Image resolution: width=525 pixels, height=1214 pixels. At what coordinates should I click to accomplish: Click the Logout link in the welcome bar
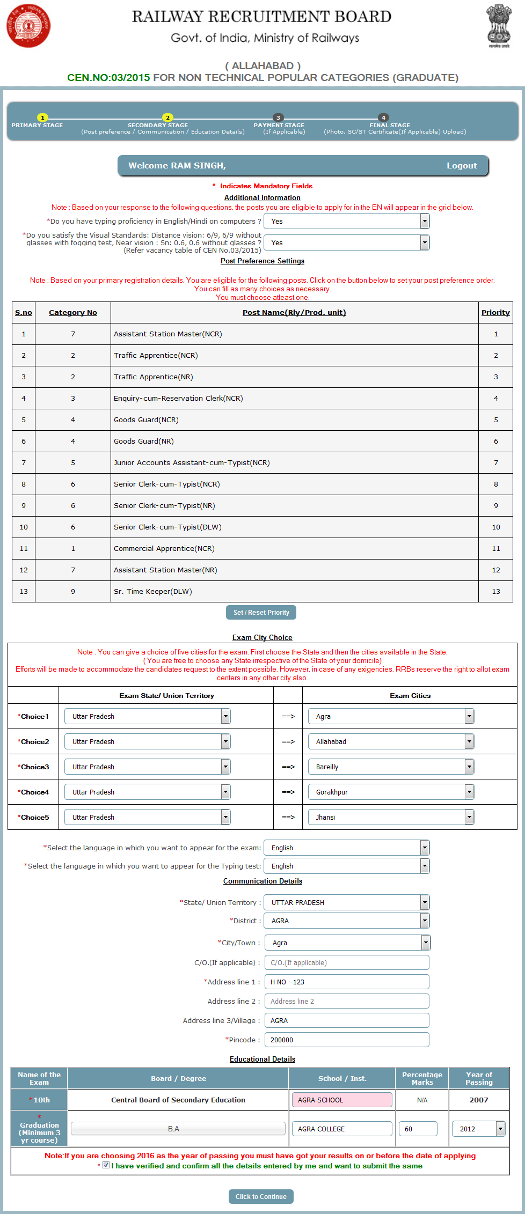(461, 166)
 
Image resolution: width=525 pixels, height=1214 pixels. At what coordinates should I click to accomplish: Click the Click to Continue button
(261, 1196)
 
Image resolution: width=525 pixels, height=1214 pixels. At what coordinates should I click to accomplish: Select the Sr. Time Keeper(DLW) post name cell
(153, 591)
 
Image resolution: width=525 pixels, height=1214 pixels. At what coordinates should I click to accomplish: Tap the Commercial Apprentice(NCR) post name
(164, 548)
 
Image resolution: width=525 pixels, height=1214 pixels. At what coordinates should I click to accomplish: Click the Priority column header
(495, 312)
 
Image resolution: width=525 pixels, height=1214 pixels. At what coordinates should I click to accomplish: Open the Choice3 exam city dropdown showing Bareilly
(391, 767)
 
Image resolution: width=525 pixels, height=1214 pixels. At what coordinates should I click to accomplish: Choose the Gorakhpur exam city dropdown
(391, 792)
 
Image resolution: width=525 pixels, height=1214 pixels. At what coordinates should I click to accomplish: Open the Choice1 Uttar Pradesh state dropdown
(147, 716)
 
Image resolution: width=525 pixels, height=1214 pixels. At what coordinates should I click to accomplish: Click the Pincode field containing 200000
(347, 1040)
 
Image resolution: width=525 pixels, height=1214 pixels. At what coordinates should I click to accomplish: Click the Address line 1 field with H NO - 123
(347, 982)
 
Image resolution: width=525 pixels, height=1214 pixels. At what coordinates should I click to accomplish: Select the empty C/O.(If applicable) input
(347, 962)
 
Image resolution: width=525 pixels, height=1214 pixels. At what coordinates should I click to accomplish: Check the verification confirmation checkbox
(106, 1165)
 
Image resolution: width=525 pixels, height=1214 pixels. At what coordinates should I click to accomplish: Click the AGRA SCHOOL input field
(341, 1100)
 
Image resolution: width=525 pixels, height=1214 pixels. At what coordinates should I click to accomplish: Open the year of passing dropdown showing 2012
(478, 1129)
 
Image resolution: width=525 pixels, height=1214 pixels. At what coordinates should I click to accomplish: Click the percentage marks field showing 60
(418, 1129)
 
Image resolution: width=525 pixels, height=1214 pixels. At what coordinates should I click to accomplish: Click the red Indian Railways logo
(28, 25)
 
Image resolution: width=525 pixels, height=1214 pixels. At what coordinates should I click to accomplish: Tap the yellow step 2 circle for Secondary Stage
(167, 117)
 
